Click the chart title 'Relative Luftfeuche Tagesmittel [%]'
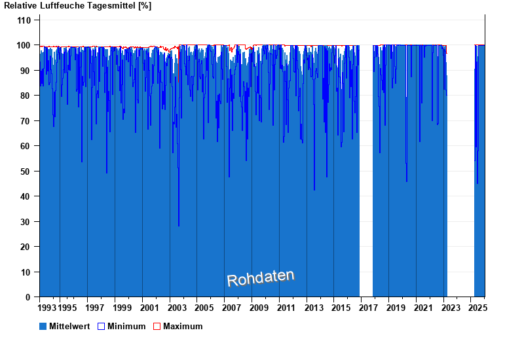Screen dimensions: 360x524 [78, 6]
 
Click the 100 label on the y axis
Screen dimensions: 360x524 [24, 45]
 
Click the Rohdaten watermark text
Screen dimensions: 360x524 [261, 278]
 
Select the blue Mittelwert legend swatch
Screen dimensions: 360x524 [43, 326]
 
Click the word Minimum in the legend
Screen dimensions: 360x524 [126, 326]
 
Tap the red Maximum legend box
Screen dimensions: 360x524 [157, 326]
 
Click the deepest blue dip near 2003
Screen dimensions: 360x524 [179, 225]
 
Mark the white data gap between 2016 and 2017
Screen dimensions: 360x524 [366, 170]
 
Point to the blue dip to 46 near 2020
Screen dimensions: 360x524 [407, 180]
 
